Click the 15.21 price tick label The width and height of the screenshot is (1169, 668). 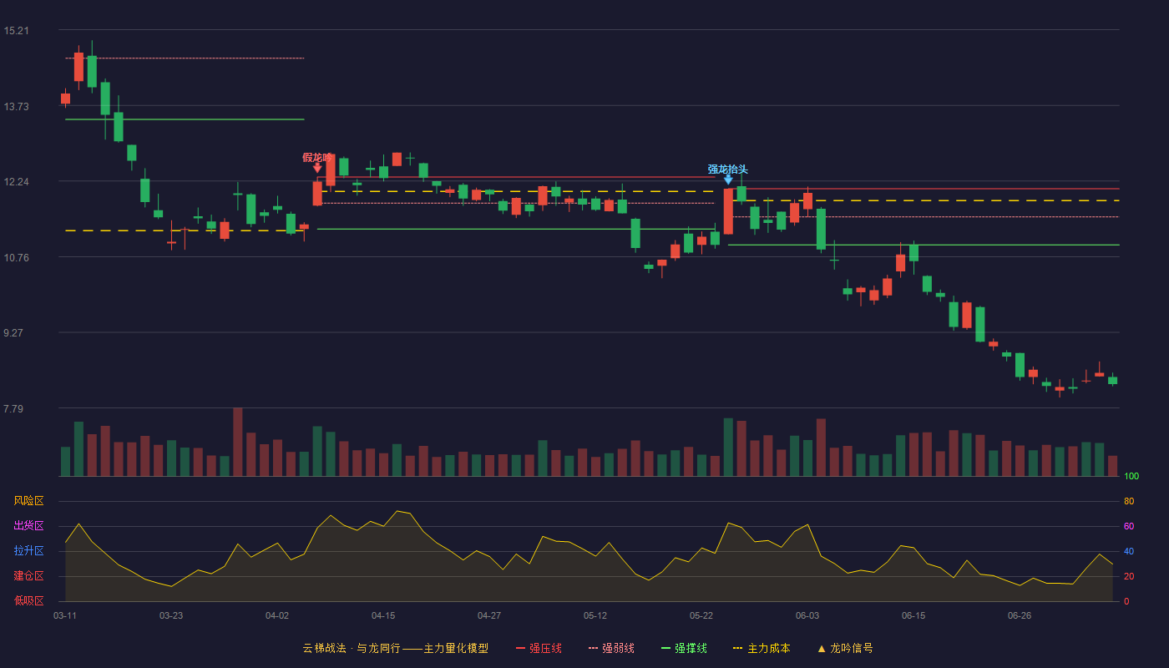16,31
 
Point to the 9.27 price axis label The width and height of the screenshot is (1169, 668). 13,333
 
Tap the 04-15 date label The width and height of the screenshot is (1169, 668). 383,616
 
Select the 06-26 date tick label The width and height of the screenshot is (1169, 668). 1020,616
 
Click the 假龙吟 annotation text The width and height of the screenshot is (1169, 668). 317,158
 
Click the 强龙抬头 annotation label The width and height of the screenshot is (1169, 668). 727,169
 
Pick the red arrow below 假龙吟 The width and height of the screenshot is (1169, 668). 317,168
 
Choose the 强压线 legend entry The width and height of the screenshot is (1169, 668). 539,648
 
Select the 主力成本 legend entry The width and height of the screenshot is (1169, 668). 762,648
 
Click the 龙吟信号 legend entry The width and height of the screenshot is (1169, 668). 845,648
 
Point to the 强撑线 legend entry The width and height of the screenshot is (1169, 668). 684,648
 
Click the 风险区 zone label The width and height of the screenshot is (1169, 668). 28,501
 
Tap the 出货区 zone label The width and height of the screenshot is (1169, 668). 28,525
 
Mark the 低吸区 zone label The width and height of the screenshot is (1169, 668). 28,600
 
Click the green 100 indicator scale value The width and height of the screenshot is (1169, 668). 1131,476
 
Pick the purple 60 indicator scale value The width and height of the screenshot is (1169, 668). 1129,526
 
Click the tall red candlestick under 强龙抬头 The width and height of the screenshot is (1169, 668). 728,211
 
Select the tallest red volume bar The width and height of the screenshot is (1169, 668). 237,442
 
